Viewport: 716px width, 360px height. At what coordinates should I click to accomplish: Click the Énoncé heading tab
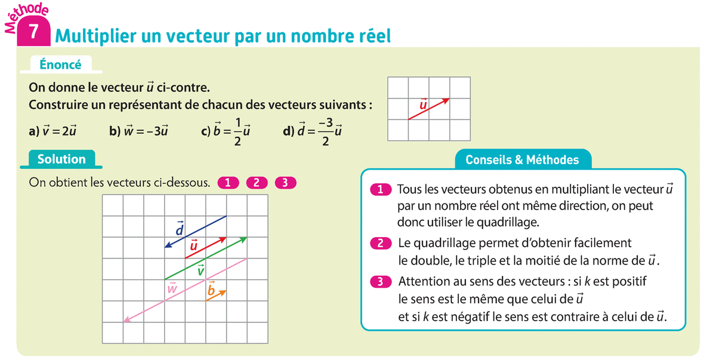pyautogui.click(x=60, y=64)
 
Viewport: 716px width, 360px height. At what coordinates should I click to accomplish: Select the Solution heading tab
pyautogui.click(x=61, y=159)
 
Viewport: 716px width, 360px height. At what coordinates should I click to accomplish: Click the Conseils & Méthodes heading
pyautogui.click(x=522, y=159)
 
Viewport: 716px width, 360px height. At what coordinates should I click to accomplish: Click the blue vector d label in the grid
pyautogui.click(x=179, y=229)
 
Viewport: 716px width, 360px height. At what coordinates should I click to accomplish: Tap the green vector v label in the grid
pyautogui.click(x=201, y=270)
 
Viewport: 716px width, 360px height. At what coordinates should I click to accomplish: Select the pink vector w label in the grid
pyautogui.click(x=172, y=288)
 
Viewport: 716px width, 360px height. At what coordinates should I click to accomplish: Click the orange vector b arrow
pyautogui.click(x=216, y=295)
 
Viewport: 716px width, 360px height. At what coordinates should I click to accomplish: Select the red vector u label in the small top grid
pyautogui.click(x=424, y=105)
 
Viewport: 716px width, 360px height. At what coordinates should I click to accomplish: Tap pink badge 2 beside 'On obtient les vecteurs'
pyautogui.click(x=257, y=183)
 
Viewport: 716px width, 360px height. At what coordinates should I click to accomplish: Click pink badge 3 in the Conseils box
pyautogui.click(x=380, y=281)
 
